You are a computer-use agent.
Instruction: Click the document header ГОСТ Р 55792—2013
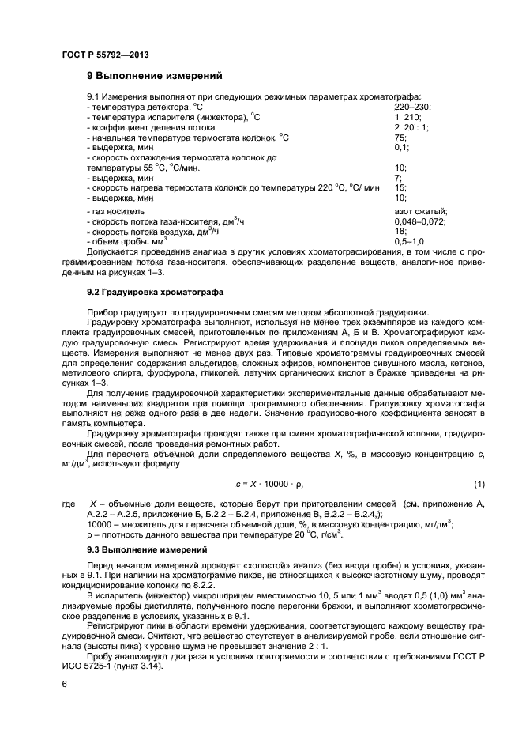tap(105, 54)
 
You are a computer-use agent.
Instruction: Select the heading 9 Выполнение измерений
tap(154, 77)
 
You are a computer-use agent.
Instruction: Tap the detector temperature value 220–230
tap(413, 107)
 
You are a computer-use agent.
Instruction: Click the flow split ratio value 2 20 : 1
tap(411, 127)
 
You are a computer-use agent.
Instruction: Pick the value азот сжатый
tap(420, 212)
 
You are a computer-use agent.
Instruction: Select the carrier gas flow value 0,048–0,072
tap(419, 222)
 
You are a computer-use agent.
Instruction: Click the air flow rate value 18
tap(400, 232)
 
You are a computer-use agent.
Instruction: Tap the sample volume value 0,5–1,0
tap(410, 241)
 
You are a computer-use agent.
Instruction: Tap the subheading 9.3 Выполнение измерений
tap(147, 549)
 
